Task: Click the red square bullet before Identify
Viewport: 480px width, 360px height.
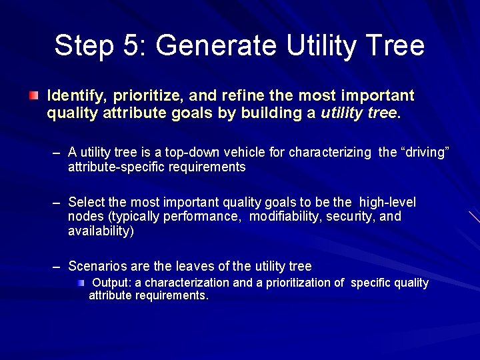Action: (33, 96)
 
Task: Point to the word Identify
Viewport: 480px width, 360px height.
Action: (75, 96)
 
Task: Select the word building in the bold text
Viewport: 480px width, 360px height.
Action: (266, 113)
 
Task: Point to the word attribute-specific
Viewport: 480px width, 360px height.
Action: (114, 167)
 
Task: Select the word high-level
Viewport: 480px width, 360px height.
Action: (387, 202)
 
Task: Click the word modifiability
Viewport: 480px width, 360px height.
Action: (285, 217)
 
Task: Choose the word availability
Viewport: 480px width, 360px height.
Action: (100, 231)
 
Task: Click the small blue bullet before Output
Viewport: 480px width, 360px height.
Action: (80, 283)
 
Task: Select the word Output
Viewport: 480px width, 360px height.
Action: (111, 283)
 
